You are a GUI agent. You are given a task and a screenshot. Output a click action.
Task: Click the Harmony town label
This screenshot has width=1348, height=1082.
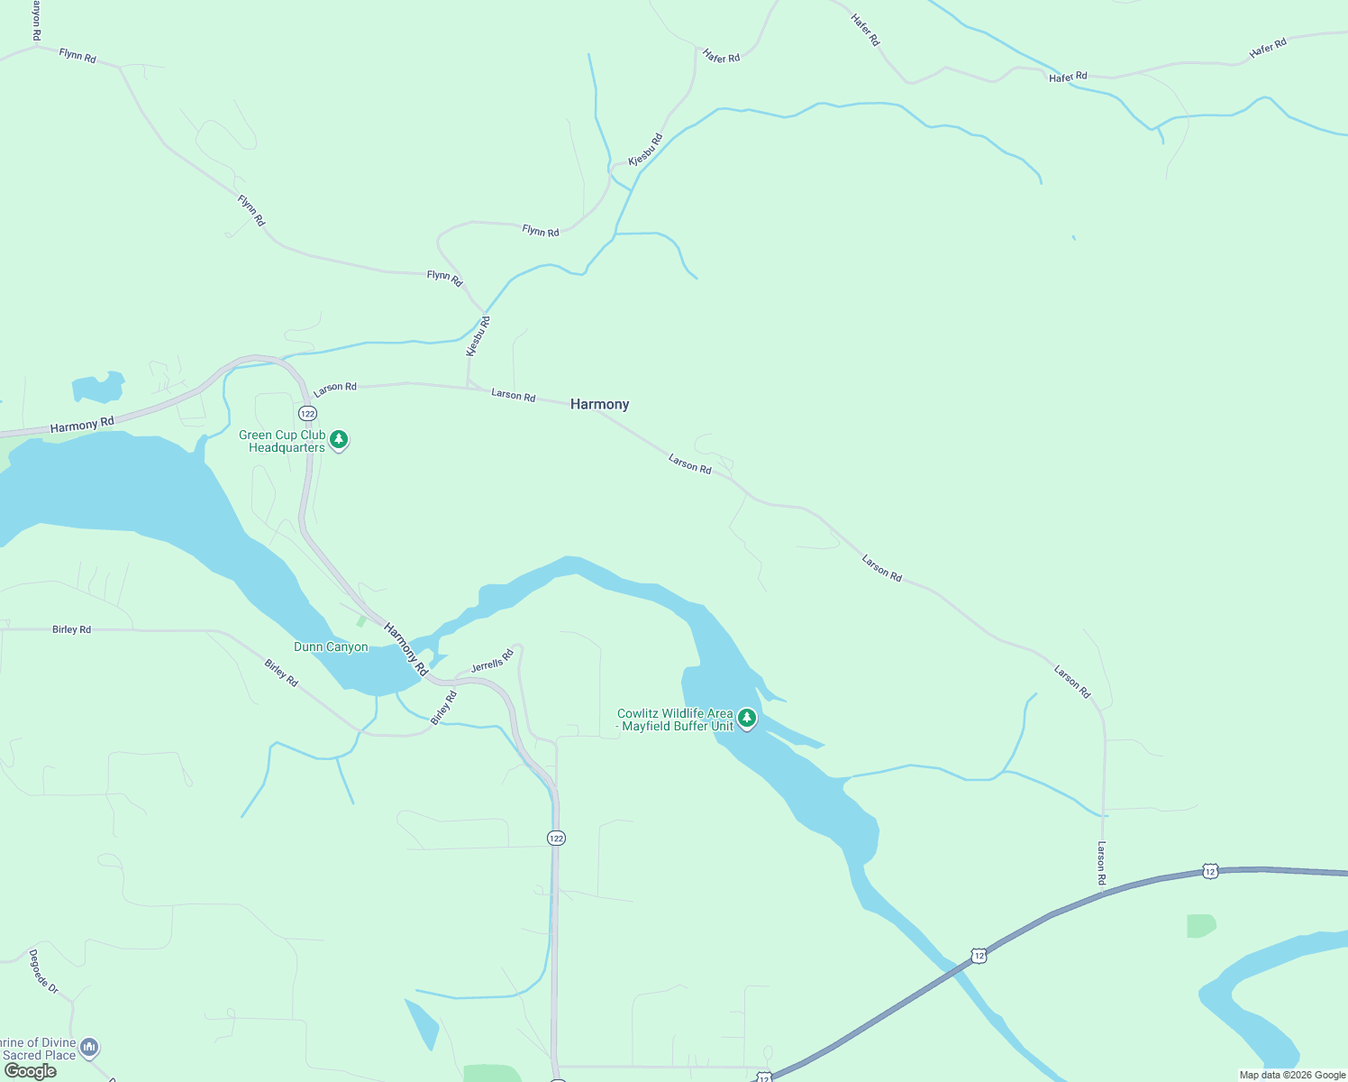[599, 404]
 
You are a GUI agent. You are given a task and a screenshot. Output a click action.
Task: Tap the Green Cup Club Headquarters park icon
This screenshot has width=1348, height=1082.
[339, 440]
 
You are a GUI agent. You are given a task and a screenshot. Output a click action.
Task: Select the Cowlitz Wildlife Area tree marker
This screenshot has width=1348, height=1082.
[746, 719]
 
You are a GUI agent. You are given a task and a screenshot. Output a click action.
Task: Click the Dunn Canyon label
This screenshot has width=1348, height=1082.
[331, 646]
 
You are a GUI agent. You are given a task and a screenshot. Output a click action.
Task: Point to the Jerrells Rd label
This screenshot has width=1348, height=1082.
[492, 661]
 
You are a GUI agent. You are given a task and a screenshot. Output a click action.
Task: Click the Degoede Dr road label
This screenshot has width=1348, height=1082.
[43, 972]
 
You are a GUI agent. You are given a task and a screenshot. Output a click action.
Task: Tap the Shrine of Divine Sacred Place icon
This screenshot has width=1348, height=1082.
[88, 1047]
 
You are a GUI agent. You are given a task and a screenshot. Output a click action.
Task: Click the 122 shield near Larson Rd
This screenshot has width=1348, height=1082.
[308, 413]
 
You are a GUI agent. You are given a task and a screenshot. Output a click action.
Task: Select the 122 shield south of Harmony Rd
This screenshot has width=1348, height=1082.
[556, 839]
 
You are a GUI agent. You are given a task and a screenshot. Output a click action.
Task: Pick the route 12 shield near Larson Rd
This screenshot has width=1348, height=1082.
[1210, 871]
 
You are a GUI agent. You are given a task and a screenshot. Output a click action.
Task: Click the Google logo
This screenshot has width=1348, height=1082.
[30, 1071]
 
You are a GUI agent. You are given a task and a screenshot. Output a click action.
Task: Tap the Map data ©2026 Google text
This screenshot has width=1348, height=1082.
[1291, 1075]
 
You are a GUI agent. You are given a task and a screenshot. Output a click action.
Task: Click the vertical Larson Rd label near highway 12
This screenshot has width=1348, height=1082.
[1101, 862]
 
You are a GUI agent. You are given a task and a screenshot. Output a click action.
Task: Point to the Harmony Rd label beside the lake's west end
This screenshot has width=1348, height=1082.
[82, 425]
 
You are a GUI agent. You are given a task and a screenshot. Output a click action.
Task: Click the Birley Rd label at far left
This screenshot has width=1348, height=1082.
[71, 629]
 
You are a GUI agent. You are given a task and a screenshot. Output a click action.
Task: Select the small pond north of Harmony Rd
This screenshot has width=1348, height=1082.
[97, 389]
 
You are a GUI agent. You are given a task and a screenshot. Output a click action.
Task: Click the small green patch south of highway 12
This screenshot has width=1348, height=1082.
[1200, 926]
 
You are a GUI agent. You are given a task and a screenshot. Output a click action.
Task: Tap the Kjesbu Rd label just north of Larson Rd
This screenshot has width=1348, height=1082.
[478, 336]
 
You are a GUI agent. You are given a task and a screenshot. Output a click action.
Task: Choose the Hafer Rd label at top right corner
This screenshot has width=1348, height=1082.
[1267, 50]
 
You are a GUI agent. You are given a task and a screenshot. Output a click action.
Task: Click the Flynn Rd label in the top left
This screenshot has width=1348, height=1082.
[77, 56]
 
